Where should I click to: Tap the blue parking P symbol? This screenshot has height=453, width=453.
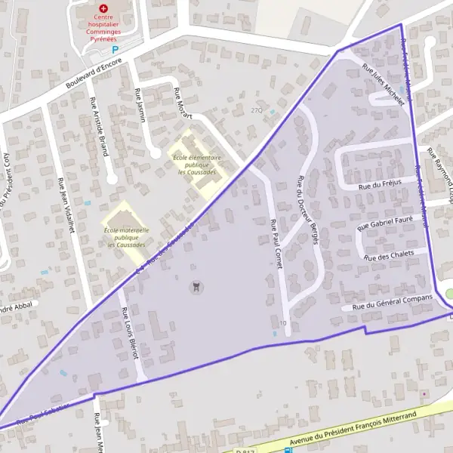click(116, 49)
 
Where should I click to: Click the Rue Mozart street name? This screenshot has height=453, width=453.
click(183, 104)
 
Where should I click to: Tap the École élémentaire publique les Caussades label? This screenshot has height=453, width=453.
click(196, 165)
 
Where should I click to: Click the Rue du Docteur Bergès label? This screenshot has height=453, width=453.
click(309, 210)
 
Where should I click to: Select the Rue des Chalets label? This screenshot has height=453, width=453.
click(389, 255)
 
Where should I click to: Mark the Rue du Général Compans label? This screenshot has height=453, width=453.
click(390, 302)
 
